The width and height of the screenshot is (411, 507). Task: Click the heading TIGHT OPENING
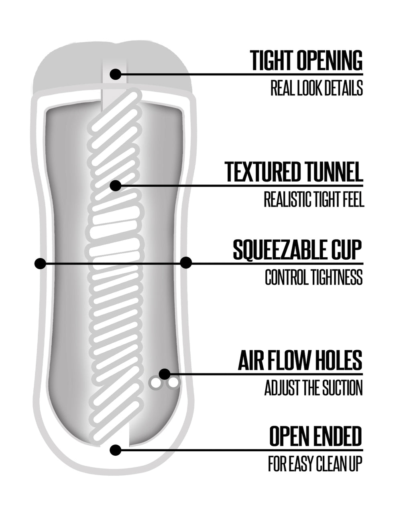pos(306,60)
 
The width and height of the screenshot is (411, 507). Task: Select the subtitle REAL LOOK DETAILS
pos(317,88)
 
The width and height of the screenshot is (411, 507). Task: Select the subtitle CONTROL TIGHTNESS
pos(314,277)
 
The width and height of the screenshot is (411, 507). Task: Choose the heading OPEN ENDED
pos(316,436)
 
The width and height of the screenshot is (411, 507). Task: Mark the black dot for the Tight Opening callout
pos(116,75)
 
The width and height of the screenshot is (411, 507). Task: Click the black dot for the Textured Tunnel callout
pos(116,186)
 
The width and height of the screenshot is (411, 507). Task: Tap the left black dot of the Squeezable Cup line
pos(40,263)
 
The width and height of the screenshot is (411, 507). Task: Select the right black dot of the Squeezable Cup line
pos(186,263)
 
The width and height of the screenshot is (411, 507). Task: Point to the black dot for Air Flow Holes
pos(165,374)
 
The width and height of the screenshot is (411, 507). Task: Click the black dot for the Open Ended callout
pos(116,450)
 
